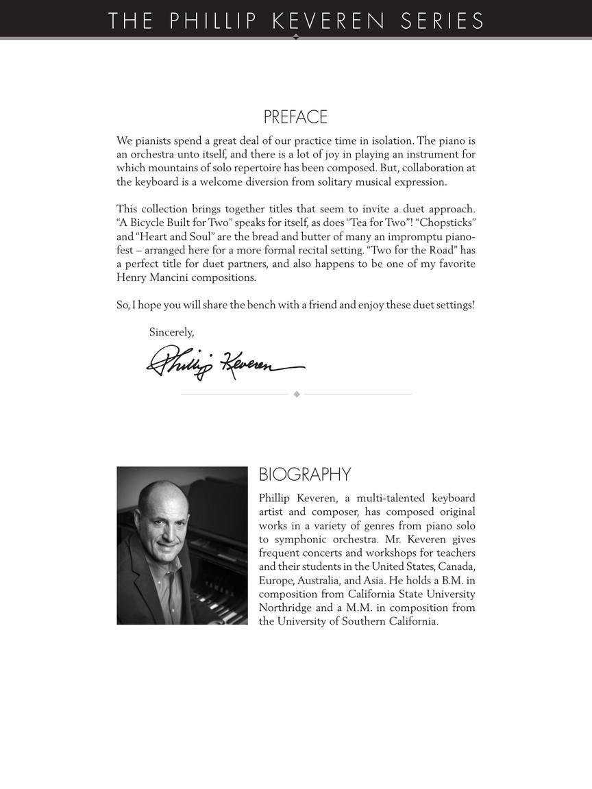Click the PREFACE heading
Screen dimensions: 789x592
tap(295, 117)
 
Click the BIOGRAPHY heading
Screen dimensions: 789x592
tap(305, 475)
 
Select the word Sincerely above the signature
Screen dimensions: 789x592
tap(171, 332)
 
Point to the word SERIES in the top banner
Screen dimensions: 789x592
tap(442, 21)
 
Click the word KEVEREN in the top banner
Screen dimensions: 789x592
tap(330, 21)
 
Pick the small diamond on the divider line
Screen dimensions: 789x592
tap(297, 394)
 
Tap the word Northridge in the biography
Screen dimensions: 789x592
tap(285, 608)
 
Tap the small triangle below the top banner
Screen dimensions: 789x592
tap(296, 37)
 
